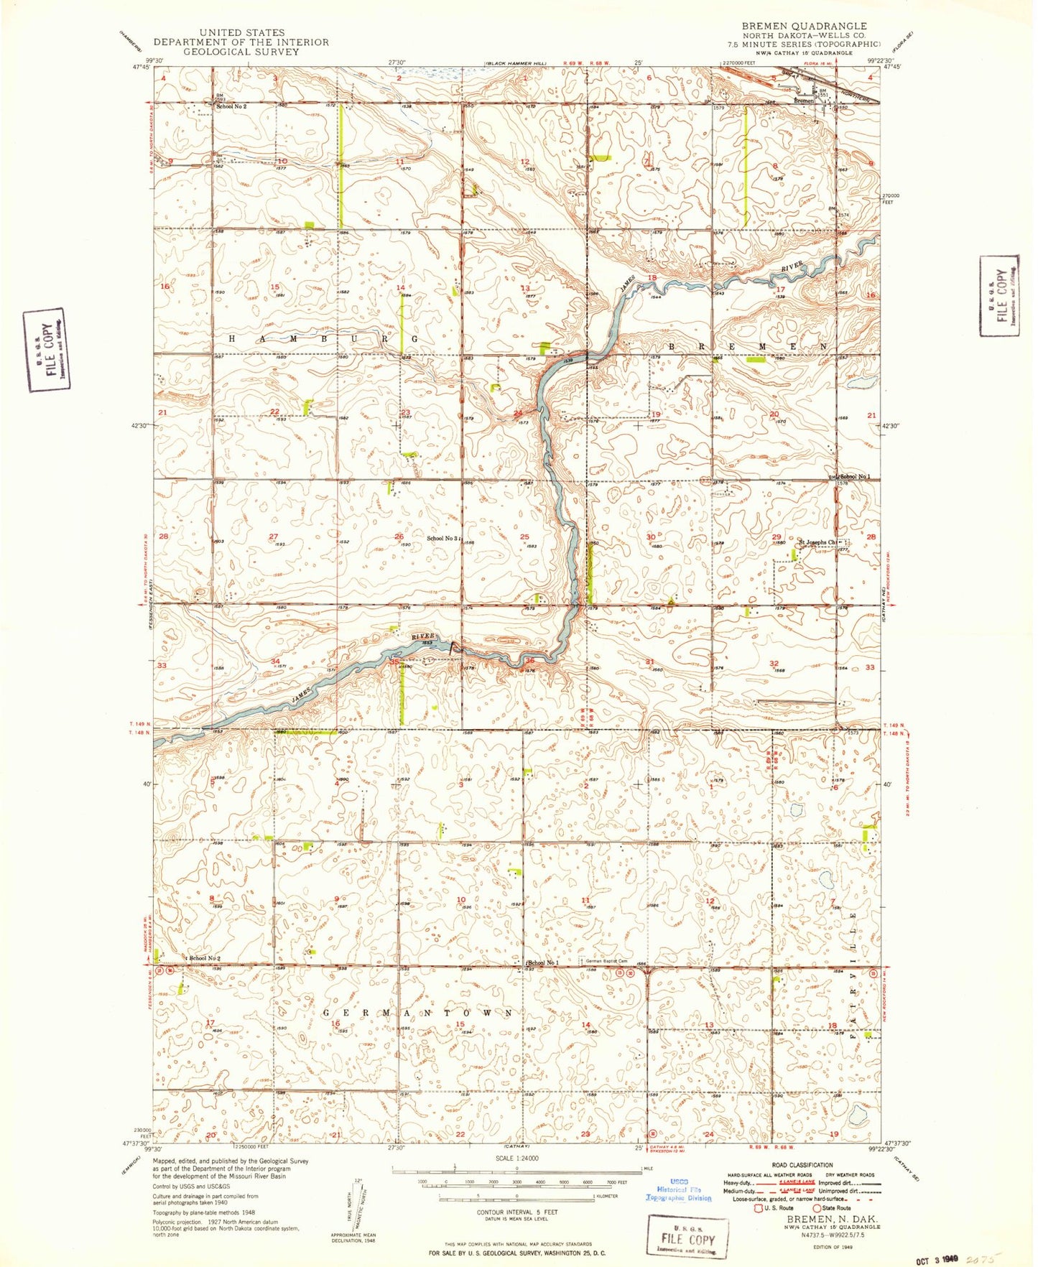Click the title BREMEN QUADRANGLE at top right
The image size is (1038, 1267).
(x=804, y=26)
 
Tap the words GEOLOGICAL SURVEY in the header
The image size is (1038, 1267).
(x=241, y=52)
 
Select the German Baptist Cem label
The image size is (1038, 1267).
(x=606, y=961)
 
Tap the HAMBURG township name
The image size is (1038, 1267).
(x=323, y=338)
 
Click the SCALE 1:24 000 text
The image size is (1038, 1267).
(x=516, y=1158)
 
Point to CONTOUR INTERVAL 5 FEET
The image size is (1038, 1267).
(x=516, y=1212)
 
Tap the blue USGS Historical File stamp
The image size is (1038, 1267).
(x=678, y=1189)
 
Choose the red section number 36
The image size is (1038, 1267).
(x=529, y=660)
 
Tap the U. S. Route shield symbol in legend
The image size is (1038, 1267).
(x=758, y=1208)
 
